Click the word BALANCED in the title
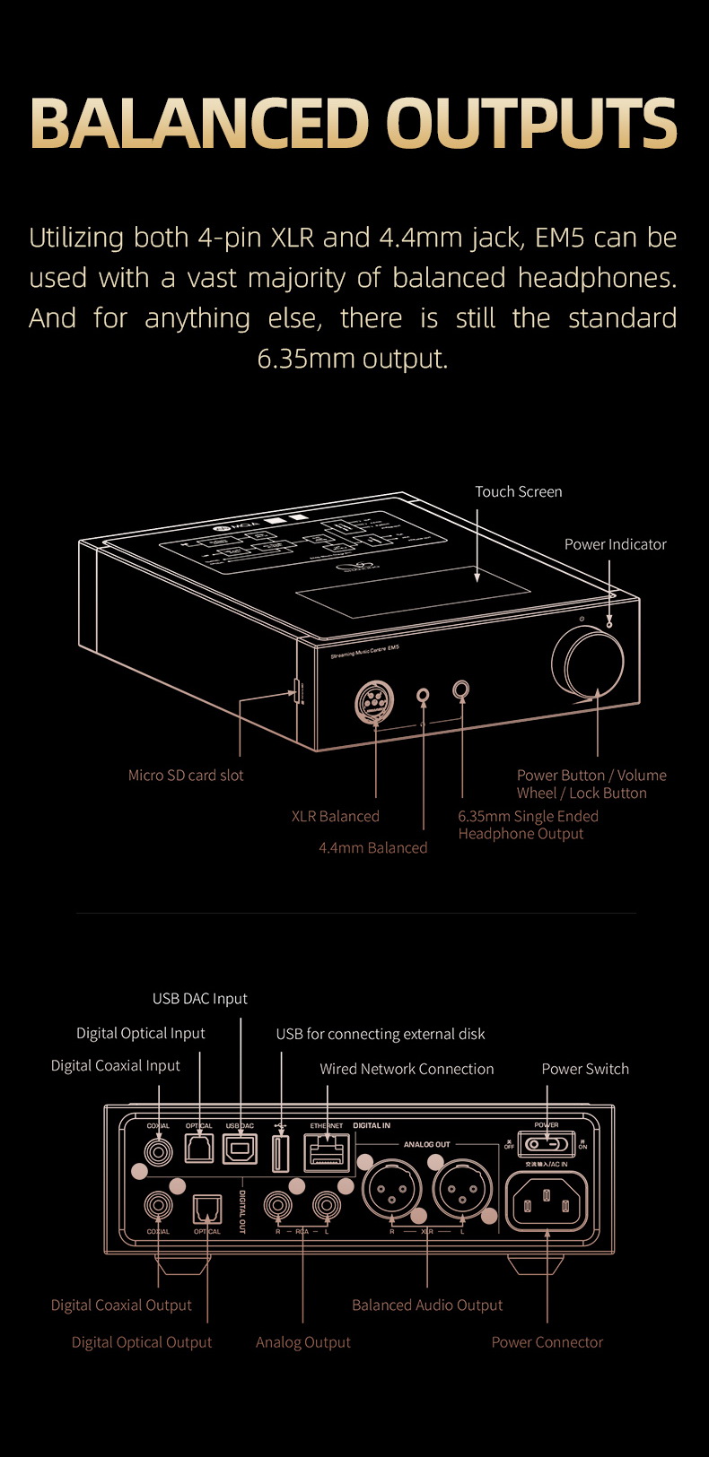pyautogui.click(x=199, y=123)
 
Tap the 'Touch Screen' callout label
pyautogui.click(x=518, y=491)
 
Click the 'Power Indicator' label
pyautogui.click(x=615, y=544)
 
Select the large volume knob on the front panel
pyautogui.click(x=588, y=663)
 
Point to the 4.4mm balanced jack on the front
pyautogui.click(x=424, y=695)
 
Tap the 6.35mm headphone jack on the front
pyautogui.click(x=461, y=689)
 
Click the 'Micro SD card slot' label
pyautogui.click(x=186, y=776)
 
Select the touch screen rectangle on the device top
pyautogui.click(x=413, y=591)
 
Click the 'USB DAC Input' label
pyautogui.click(x=199, y=999)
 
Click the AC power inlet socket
pyautogui.click(x=547, y=1201)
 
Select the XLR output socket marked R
pyautogui.click(x=391, y=1190)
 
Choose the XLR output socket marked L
pyautogui.click(x=462, y=1190)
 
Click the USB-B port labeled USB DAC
pyautogui.click(x=240, y=1149)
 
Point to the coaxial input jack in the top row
pyautogui.click(x=158, y=1149)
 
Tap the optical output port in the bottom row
pyautogui.click(x=206, y=1209)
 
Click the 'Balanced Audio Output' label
pyautogui.click(x=427, y=1305)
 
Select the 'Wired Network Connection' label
pyautogui.click(x=407, y=1069)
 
